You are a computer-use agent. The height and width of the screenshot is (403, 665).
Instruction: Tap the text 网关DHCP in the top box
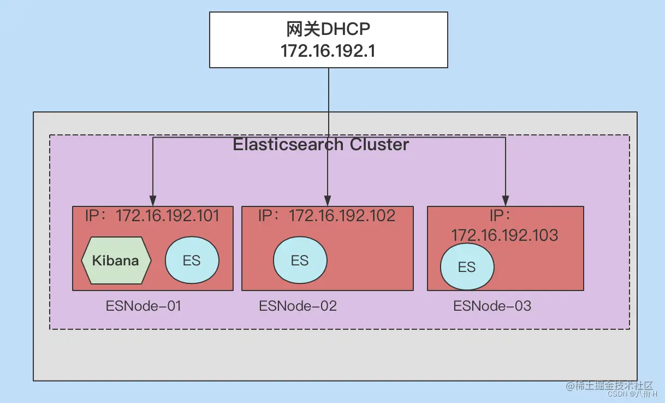(x=329, y=29)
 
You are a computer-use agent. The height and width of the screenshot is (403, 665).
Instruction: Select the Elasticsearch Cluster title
(x=321, y=145)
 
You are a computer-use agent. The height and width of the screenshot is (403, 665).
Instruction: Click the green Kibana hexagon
(x=116, y=260)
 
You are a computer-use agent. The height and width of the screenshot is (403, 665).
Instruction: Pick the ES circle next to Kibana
(x=192, y=260)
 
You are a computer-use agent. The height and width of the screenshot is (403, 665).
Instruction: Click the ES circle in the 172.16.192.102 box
(x=300, y=260)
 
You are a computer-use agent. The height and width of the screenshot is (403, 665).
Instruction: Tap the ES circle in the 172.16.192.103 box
(x=467, y=267)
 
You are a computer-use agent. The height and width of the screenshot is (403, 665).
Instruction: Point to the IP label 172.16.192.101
(x=167, y=216)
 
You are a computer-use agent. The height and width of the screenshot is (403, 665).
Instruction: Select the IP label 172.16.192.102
(x=342, y=216)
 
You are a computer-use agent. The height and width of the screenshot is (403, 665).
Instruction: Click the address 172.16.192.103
(x=504, y=235)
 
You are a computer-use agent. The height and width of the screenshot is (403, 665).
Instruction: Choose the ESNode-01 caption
(x=143, y=306)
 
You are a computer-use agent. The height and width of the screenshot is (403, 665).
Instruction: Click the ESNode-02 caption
(x=298, y=306)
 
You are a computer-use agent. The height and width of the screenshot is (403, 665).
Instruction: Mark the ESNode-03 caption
(x=492, y=306)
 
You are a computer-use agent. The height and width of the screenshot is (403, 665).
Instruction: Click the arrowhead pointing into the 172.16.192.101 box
(x=153, y=200)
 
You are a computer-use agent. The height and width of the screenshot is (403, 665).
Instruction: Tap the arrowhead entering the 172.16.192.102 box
(x=328, y=200)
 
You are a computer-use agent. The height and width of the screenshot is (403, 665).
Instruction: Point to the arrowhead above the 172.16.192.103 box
(x=506, y=200)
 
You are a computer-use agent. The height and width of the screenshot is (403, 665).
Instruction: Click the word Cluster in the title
(x=379, y=145)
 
